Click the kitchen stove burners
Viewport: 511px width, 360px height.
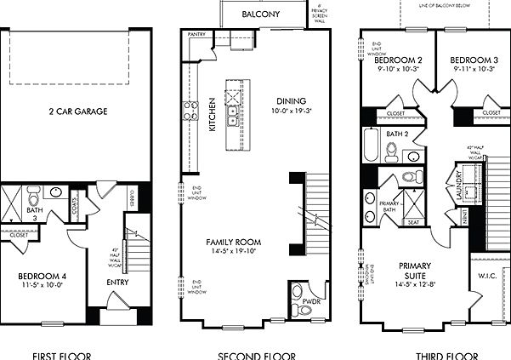(x=189, y=109)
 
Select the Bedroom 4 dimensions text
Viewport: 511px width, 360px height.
(x=42, y=287)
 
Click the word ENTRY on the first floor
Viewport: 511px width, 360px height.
(x=117, y=283)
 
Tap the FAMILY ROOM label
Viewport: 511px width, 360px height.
(x=233, y=243)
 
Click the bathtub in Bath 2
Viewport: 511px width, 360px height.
(x=372, y=145)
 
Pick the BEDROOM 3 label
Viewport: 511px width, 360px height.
(x=473, y=60)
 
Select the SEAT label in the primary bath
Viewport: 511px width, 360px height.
(x=413, y=222)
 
